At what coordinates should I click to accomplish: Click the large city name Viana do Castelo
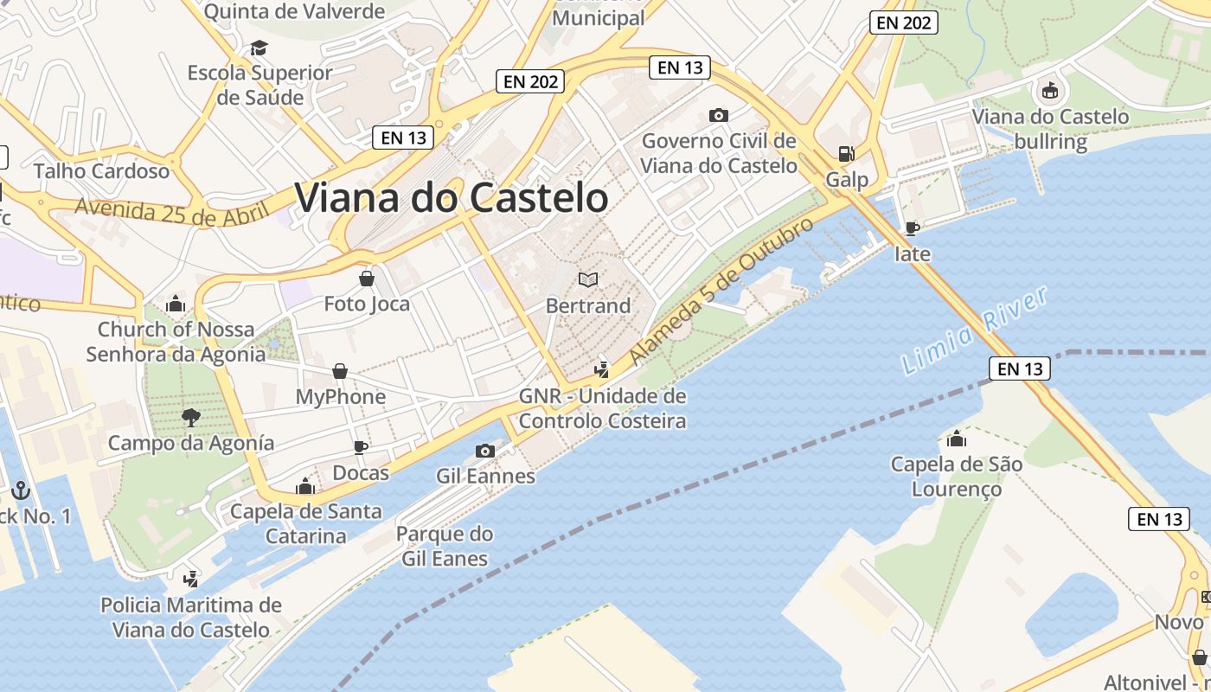click(x=452, y=198)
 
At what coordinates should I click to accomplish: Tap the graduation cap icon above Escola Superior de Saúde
click(x=259, y=47)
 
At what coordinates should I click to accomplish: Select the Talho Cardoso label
click(x=101, y=170)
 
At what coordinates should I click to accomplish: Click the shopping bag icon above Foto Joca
click(x=367, y=279)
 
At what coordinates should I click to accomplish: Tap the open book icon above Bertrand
click(x=588, y=279)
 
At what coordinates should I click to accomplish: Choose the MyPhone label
click(x=341, y=397)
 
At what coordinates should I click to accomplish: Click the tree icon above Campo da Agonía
click(x=191, y=419)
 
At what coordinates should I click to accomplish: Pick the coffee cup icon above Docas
click(x=361, y=447)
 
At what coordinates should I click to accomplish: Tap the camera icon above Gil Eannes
click(x=485, y=451)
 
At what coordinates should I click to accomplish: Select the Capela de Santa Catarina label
click(x=305, y=523)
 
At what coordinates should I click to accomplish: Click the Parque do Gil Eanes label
click(x=445, y=546)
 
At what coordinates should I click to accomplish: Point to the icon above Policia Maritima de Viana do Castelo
click(x=191, y=578)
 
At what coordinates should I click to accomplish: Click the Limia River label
click(x=975, y=330)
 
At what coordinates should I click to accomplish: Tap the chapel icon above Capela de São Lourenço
click(x=957, y=439)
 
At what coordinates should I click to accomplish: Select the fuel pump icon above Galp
click(x=846, y=154)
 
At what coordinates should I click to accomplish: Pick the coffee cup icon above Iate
click(x=912, y=228)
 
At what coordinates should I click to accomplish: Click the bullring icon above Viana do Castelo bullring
click(x=1050, y=90)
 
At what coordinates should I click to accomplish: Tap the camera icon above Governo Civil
click(x=718, y=115)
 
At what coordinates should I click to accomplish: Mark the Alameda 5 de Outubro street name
click(x=722, y=291)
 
